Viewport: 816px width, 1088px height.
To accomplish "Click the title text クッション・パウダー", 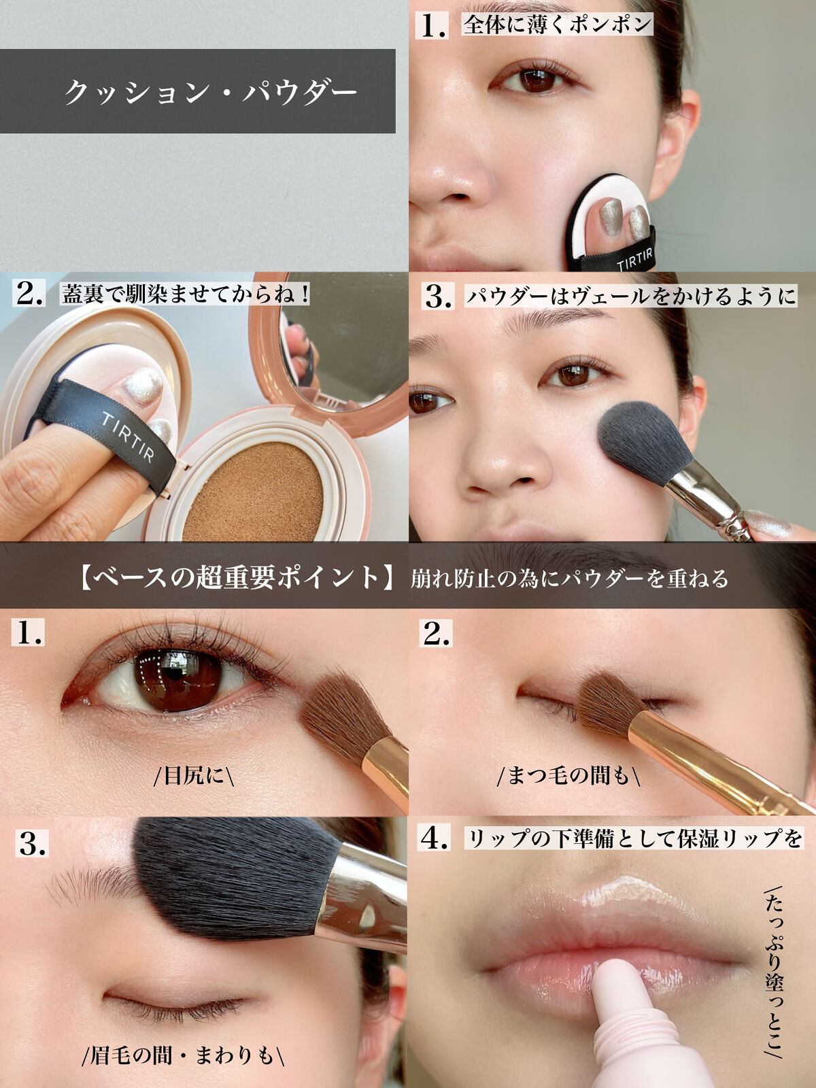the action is point(211,92).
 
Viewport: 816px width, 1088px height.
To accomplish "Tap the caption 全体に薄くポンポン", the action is point(558,24).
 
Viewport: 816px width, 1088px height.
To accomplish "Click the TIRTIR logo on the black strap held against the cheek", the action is point(634,259).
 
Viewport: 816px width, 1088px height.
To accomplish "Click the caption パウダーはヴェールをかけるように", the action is point(631,296).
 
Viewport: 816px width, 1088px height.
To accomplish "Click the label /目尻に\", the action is point(194,776).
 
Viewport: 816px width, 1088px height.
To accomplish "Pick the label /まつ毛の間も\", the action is point(568,776).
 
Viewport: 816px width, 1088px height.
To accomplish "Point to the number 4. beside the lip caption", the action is point(435,838).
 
